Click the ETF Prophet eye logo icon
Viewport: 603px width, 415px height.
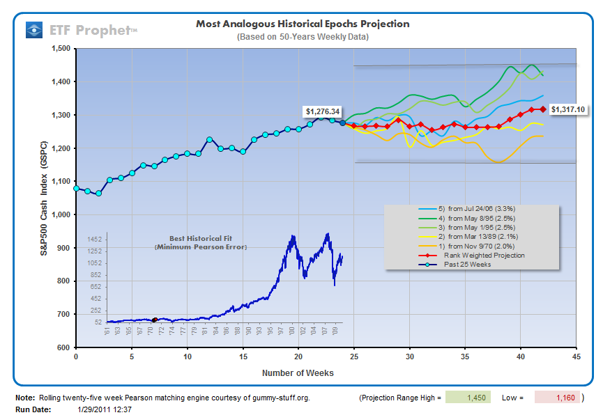tap(34, 29)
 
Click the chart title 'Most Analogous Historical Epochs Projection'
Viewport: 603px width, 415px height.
tap(303, 24)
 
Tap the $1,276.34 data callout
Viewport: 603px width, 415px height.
tap(322, 111)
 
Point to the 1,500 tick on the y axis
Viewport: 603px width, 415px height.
tap(59, 49)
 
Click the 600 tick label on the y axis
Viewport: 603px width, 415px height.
tap(63, 347)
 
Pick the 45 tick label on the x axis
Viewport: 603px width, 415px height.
tap(576, 357)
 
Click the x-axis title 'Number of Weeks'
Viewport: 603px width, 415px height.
tap(298, 373)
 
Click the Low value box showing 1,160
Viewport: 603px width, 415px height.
tap(558, 398)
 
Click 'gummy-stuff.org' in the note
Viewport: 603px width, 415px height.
tap(280, 398)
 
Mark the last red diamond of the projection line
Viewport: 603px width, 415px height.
tap(542, 109)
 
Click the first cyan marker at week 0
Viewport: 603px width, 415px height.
tap(76, 188)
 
